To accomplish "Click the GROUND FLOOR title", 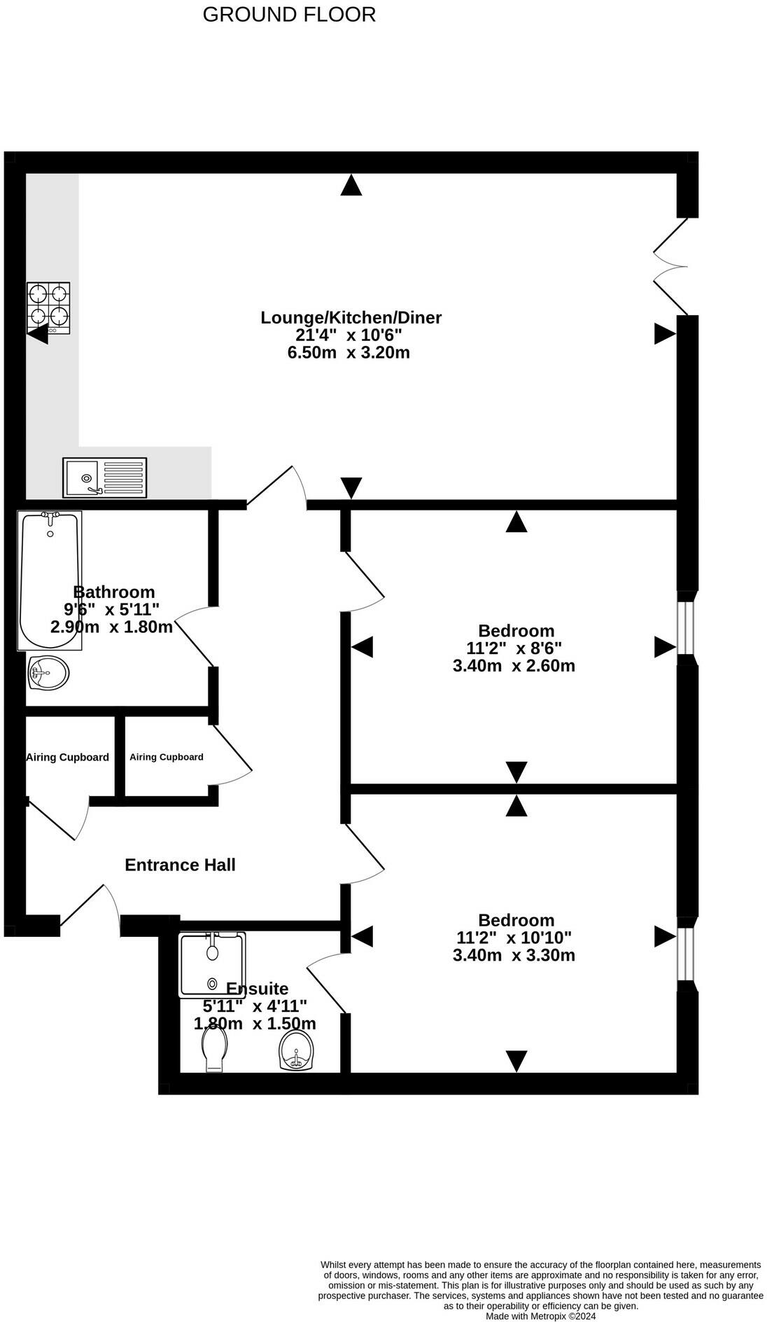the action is click(289, 14).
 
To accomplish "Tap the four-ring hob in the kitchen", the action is click(49, 308).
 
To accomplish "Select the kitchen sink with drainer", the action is click(105, 478).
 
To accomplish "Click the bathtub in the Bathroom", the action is click(50, 580).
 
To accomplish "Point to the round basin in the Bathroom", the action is click(49, 674).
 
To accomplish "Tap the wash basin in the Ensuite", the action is click(297, 1051).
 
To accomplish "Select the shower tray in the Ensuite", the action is click(212, 964).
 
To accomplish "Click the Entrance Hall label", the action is click(180, 865).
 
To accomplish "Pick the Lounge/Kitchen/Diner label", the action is click(351, 317).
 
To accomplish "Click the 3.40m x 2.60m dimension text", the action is click(514, 665).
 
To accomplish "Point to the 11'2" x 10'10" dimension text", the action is click(514, 937).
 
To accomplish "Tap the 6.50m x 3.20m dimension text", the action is click(349, 352).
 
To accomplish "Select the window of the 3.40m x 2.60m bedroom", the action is click(687, 627).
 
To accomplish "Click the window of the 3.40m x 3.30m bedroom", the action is click(687, 954).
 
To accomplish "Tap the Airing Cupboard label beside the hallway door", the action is click(167, 757).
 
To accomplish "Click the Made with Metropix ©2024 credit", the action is click(541, 1316).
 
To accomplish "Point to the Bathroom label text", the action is click(114, 592).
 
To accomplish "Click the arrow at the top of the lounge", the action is click(351, 185).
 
